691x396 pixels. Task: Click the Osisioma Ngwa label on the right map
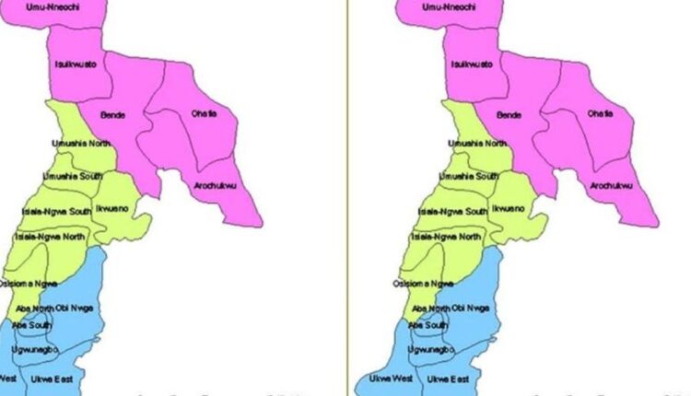pos(427,284)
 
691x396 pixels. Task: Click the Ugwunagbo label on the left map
pos(37,351)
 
